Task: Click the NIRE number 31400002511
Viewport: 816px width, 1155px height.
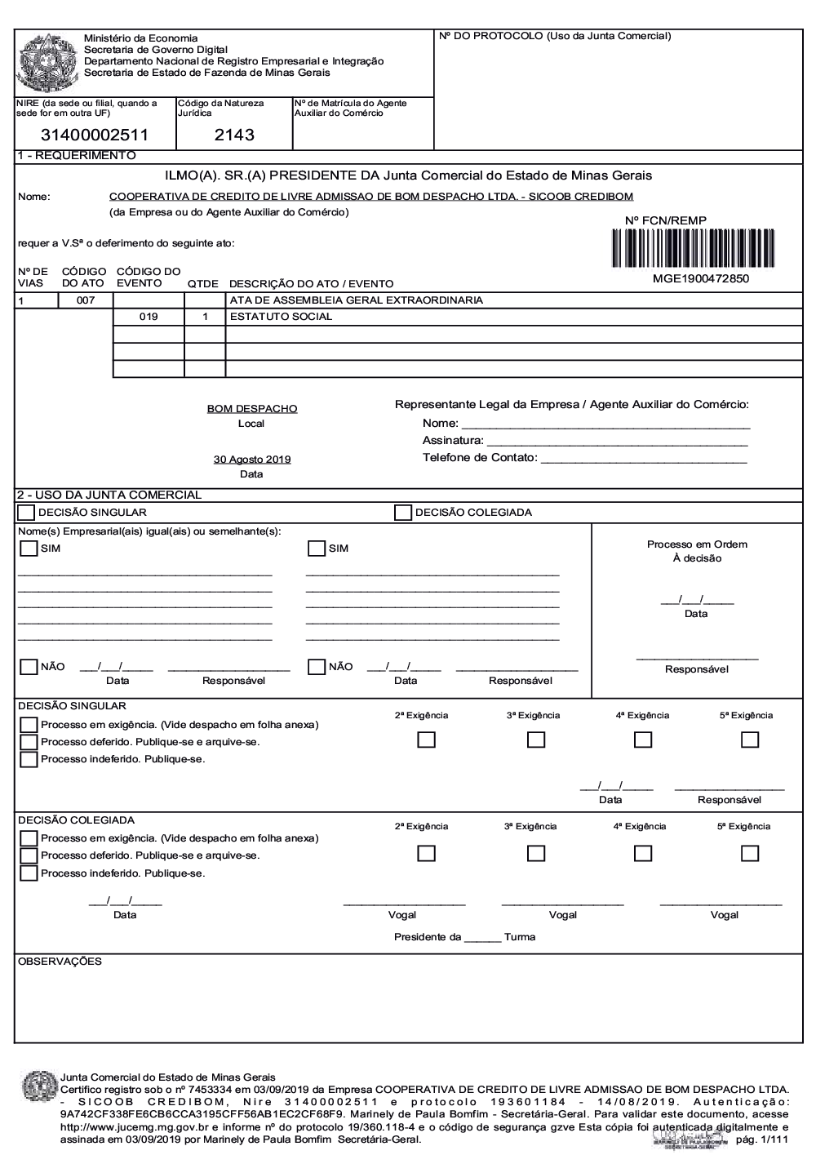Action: point(95,135)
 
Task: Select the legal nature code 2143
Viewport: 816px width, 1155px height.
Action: point(234,135)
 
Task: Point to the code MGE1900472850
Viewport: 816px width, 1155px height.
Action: point(700,278)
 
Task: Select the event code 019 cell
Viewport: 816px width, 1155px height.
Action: point(149,317)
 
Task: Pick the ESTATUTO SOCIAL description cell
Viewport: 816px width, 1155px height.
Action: point(282,317)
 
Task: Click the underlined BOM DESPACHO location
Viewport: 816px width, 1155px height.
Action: point(252,409)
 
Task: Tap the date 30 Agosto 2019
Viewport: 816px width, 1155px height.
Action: point(252,460)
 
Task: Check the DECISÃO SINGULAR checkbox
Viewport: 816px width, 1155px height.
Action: point(26,513)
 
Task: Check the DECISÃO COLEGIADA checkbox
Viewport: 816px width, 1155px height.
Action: point(402,513)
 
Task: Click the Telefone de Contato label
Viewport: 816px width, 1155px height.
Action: point(480,457)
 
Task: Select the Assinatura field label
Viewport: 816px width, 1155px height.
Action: point(453,441)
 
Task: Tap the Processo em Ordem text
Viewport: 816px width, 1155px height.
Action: point(697,544)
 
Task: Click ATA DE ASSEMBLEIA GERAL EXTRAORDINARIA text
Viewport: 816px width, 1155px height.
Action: point(357,300)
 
